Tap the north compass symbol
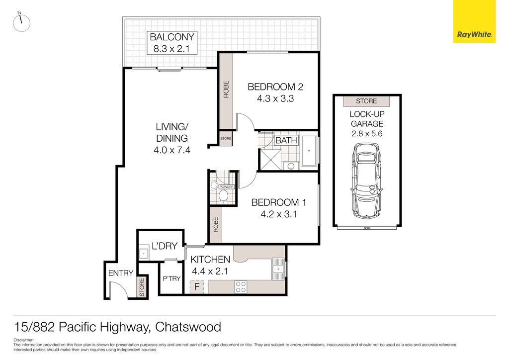tap(21, 23)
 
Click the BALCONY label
tap(172, 37)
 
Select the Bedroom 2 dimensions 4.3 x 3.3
tap(275, 98)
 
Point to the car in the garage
tap(366, 180)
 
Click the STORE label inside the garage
tap(366, 101)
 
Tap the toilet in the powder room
tap(223, 196)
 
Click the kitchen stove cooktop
tap(241, 287)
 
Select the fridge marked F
tap(197, 287)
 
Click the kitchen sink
tap(278, 269)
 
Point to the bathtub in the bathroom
tap(309, 151)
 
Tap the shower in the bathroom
tap(270, 160)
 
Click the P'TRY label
tap(171, 278)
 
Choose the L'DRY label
tap(165, 246)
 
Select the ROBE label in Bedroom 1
tap(216, 225)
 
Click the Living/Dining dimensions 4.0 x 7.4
tap(171, 150)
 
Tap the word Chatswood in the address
tap(188, 327)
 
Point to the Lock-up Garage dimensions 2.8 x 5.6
tap(367, 133)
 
